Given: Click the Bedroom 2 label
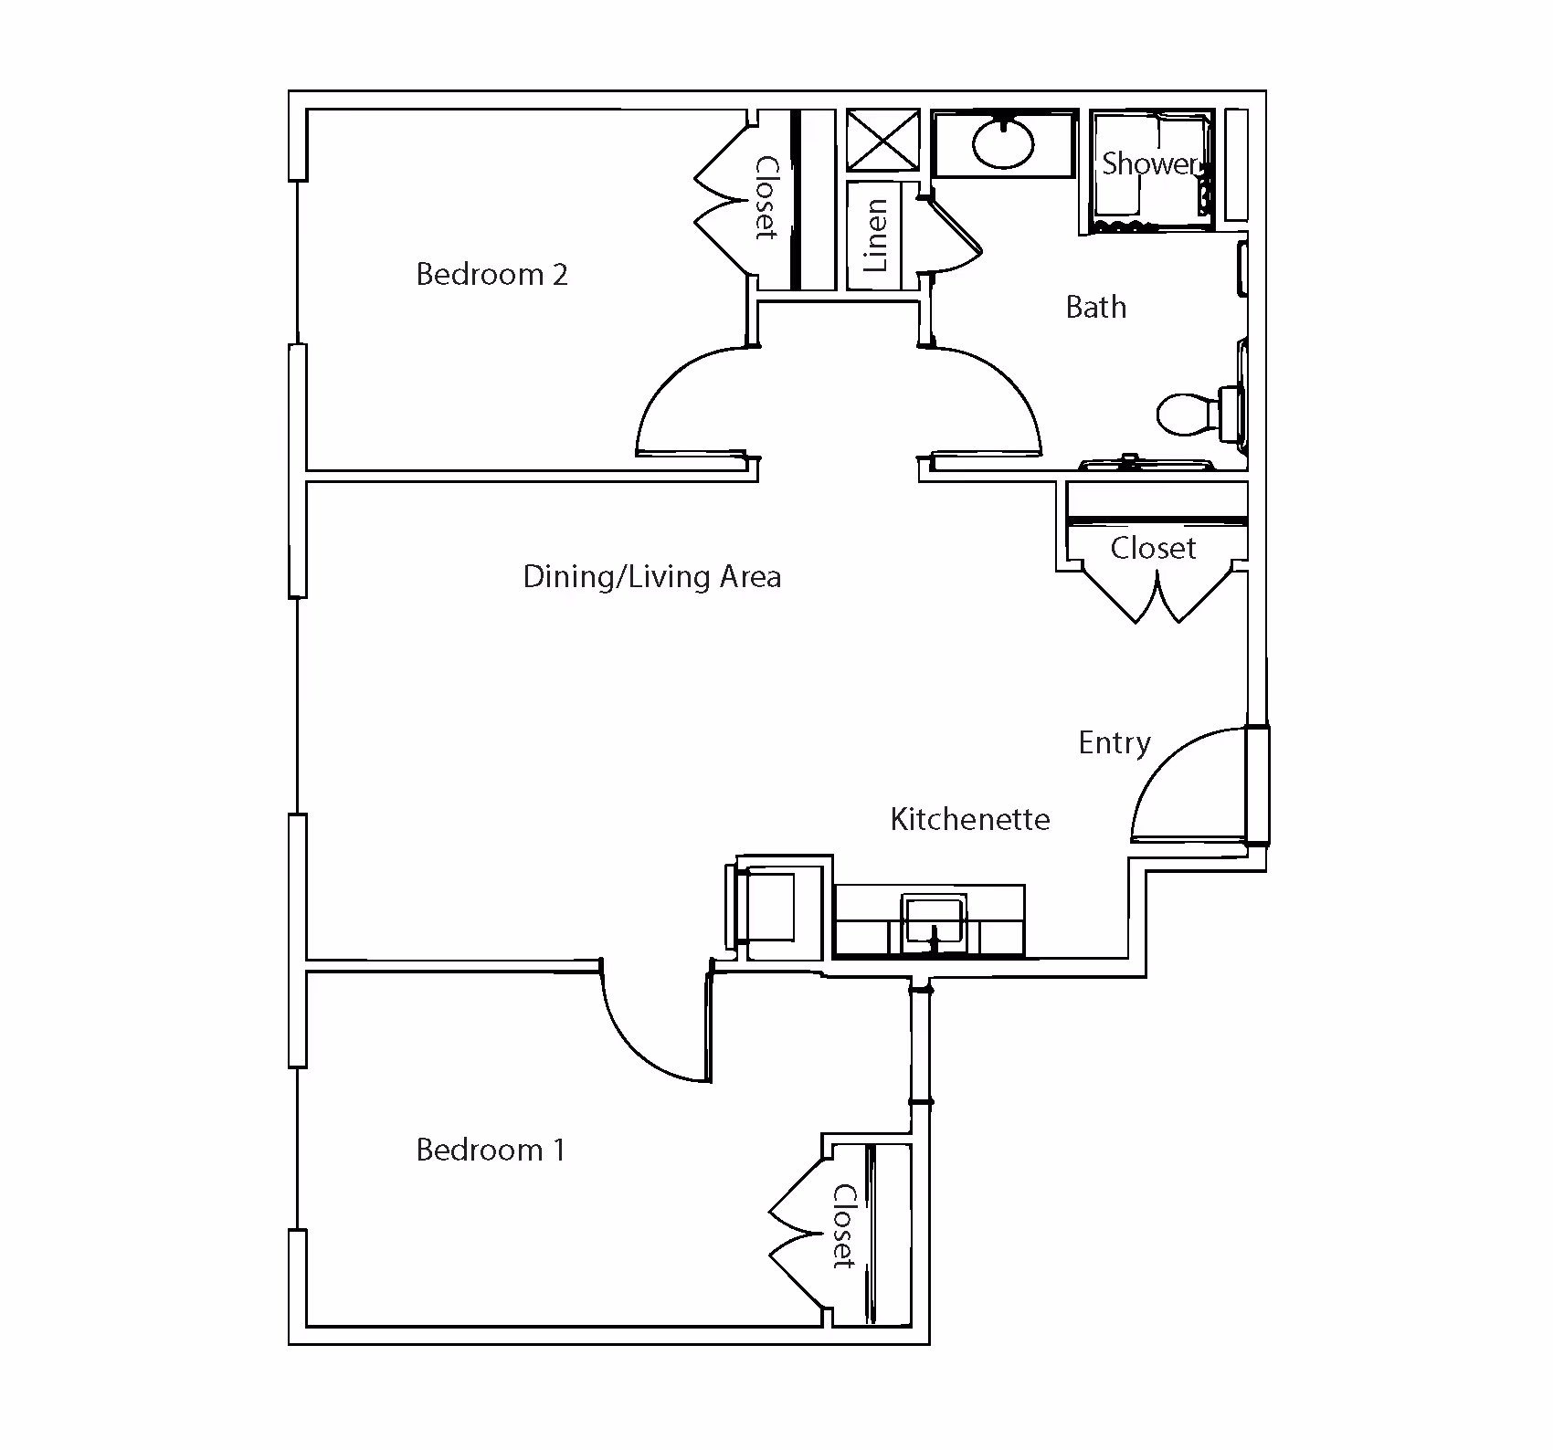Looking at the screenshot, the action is click(x=491, y=274).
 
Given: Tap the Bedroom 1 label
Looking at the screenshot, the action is click(x=491, y=1150).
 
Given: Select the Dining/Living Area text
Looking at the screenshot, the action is click(x=651, y=577).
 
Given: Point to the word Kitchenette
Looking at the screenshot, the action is click(x=969, y=819).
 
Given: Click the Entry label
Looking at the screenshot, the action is click(x=1114, y=743).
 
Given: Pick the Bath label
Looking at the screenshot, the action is click(x=1095, y=307).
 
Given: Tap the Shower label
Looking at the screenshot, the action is click(x=1148, y=163).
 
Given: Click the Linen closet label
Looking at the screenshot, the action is click(x=875, y=236).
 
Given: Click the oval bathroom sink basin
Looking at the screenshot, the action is click(x=1003, y=142).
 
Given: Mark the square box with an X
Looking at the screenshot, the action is click(x=882, y=141).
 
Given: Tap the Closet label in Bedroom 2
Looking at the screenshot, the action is click(x=766, y=198).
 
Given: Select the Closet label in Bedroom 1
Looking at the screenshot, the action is click(x=843, y=1226).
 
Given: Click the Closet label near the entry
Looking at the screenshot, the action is click(x=1153, y=548).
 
